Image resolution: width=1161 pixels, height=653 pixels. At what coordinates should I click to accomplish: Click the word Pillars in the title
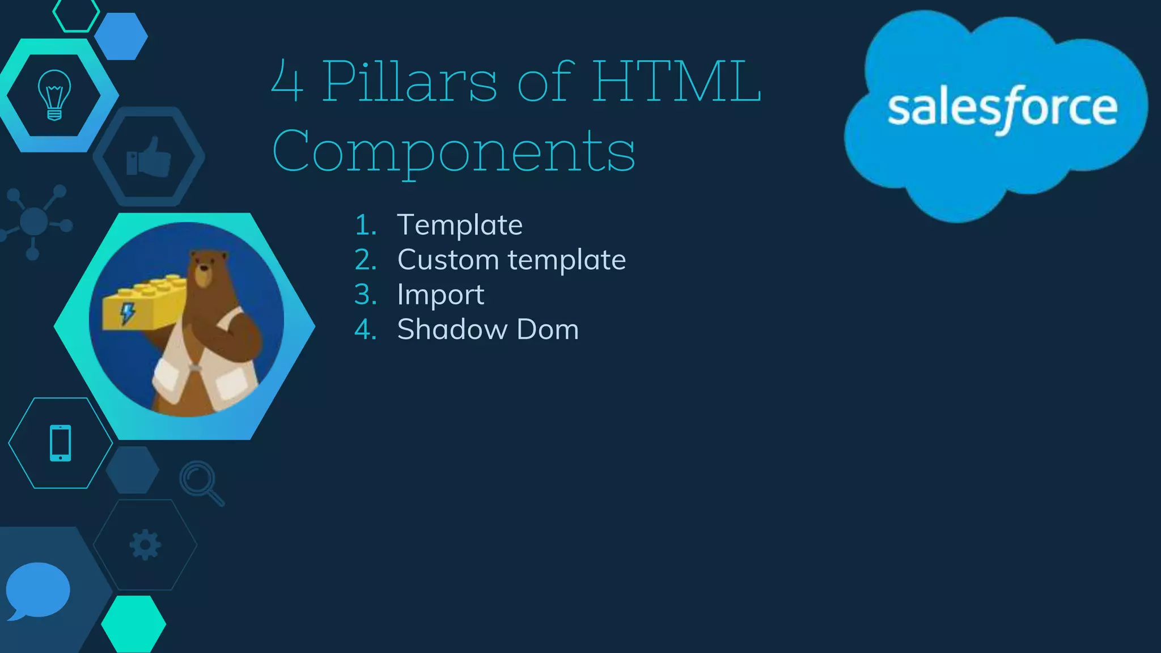coord(410,82)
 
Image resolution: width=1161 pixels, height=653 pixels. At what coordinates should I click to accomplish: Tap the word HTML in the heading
coord(677,82)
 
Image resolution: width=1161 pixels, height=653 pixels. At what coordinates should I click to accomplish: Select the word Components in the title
coord(454,151)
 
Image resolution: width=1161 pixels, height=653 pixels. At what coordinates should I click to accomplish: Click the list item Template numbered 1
coord(460,225)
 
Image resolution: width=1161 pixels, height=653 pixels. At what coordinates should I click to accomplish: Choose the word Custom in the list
coord(448,260)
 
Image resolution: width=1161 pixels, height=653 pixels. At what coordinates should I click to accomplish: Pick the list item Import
coord(440,295)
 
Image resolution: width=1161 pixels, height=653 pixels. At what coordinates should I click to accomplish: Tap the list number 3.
coord(366,295)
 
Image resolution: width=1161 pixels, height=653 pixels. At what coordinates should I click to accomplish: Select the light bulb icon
coord(54,95)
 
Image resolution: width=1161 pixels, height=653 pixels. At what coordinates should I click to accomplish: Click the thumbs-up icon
coord(149,157)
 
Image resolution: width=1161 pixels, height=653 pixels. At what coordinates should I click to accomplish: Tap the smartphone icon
coord(61,443)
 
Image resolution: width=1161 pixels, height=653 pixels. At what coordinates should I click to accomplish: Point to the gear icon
coord(145,545)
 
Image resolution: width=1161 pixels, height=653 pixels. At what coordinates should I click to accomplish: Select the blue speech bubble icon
coord(37,591)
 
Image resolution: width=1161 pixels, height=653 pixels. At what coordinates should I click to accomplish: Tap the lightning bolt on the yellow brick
coord(128,312)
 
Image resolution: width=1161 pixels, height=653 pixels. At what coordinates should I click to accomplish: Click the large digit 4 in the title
coord(287,83)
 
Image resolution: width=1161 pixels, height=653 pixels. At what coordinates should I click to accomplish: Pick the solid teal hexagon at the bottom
coord(134,624)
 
